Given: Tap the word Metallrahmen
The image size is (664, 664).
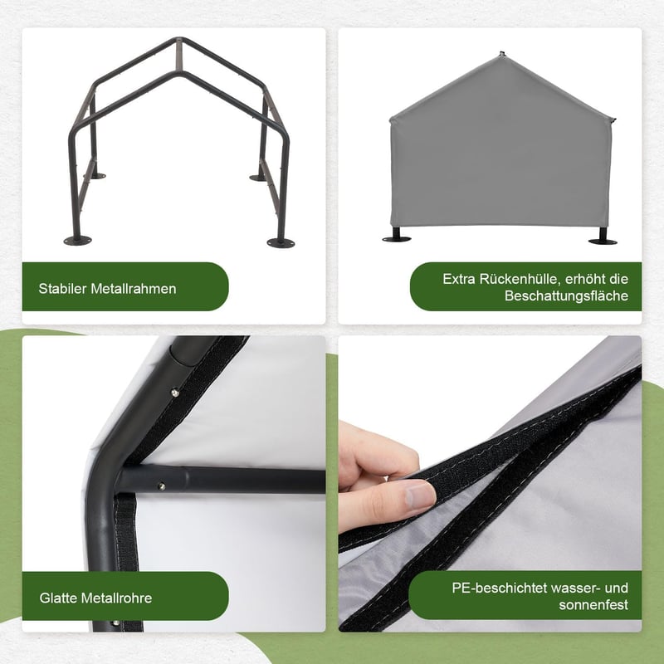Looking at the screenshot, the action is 134,288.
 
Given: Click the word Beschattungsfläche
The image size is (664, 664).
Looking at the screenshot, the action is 566,295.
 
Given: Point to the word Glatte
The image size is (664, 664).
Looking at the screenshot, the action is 58,598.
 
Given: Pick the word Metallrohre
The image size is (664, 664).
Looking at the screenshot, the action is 116,598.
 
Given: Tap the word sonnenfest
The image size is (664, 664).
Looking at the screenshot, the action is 593,605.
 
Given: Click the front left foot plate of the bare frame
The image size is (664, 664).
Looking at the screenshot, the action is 77,241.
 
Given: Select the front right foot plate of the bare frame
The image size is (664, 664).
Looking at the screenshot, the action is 281,242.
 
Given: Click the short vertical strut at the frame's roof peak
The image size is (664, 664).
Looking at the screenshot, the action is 178,55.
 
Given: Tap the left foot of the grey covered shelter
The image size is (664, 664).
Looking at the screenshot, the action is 397,236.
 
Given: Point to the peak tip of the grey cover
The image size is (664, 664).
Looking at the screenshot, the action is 502,54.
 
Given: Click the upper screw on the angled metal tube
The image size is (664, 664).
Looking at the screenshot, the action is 174,393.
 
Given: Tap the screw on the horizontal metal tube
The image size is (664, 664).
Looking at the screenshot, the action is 161,486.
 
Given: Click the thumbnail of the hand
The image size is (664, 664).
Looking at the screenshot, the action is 420,495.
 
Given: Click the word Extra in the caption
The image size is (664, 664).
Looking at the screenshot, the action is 459,279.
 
